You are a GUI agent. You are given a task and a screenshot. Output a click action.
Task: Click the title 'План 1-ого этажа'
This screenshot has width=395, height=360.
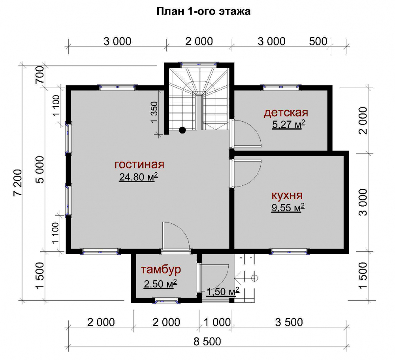pyautogui.click(x=203, y=11)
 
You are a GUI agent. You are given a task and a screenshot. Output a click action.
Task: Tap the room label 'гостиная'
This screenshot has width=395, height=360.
pyautogui.click(x=139, y=164)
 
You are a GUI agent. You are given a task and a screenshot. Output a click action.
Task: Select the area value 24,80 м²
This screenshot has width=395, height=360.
pyautogui.click(x=139, y=177)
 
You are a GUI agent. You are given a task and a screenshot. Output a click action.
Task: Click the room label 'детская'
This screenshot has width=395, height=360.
pyautogui.click(x=286, y=113)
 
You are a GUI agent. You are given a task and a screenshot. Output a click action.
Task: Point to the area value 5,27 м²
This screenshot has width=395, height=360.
pyautogui.click(x=289, y=124)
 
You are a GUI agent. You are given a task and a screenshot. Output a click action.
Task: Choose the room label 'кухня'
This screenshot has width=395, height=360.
pyautogui.click(x=287, y=196)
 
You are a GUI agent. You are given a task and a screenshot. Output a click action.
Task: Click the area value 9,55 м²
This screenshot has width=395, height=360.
pyautogui.click(x=288, y=208)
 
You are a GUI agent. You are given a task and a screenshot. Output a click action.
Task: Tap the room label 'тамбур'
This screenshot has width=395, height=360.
pyautogui.click(x=161, y=270)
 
